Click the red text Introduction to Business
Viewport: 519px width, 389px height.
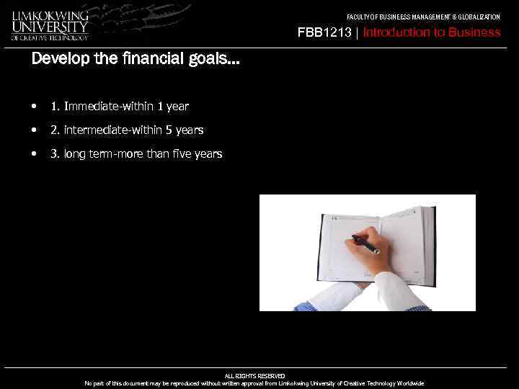click(x=432, y=32)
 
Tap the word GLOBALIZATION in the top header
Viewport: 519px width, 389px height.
click(x=477, y=17)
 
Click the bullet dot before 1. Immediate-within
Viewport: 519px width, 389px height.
click(x=34, y=107)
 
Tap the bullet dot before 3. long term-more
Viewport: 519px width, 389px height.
click(x=34, y=153)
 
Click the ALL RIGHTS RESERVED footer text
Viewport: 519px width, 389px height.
click(x=254, y=376)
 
